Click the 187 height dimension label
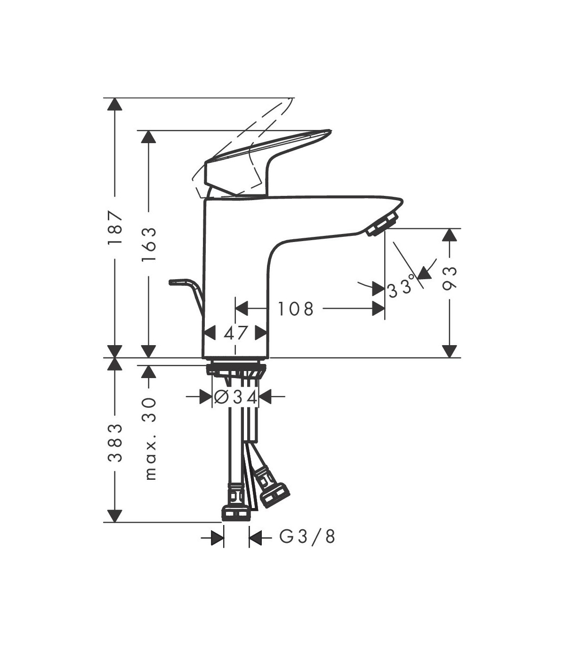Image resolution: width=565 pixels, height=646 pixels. [114, 227]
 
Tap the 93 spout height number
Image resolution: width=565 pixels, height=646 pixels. [450, 278]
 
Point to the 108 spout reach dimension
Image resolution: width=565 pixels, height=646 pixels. [295, 308]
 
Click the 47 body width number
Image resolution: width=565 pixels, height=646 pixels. [235, 333]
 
